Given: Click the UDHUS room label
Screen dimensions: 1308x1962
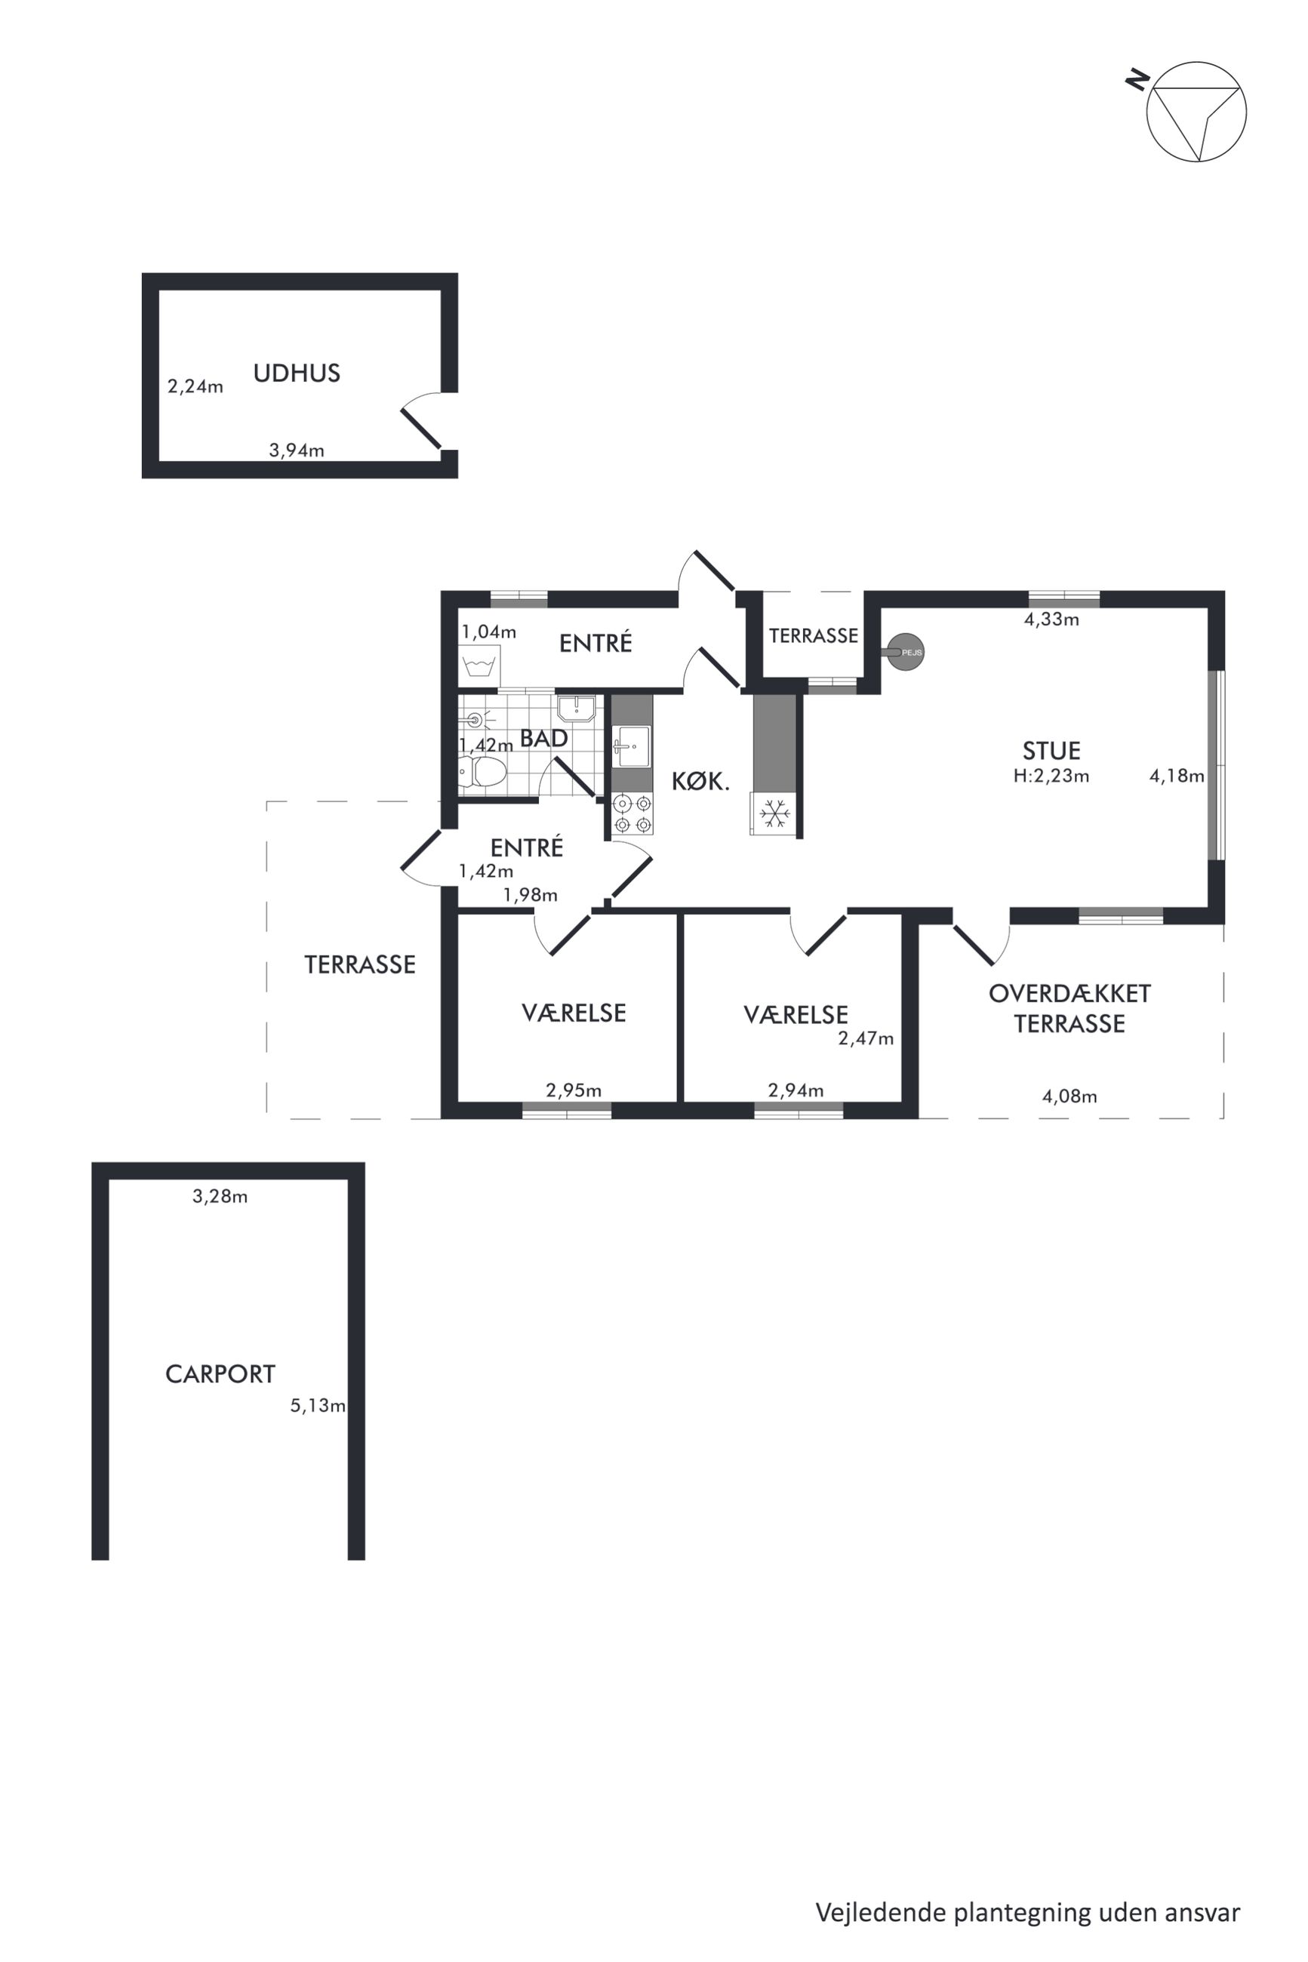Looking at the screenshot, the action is coord(297,373).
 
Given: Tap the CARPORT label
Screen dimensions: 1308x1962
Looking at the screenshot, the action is coord(220,1373).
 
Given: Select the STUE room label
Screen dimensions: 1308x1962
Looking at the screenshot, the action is coord(1051,750).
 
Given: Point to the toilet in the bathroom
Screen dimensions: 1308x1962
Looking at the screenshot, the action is coord(483,772).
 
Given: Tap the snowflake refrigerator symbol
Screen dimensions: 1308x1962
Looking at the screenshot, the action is coord(775,813).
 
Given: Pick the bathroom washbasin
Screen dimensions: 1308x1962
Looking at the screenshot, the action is coord(576,708).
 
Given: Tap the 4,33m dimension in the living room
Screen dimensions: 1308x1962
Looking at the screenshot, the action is coord(1051,619).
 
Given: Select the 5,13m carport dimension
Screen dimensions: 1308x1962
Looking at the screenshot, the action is coord(318,1405).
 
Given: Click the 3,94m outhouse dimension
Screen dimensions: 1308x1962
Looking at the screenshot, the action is coord(296,451).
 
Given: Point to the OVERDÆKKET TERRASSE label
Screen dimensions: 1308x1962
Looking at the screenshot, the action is coord(1069,1008).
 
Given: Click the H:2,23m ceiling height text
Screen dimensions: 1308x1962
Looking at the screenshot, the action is coord(1051,776).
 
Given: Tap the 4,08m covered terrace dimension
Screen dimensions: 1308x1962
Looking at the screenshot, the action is coord(1069,1096).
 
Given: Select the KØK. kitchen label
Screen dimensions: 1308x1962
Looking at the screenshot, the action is coord(700,781).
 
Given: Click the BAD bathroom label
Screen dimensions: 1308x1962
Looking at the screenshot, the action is coord(544,738).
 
